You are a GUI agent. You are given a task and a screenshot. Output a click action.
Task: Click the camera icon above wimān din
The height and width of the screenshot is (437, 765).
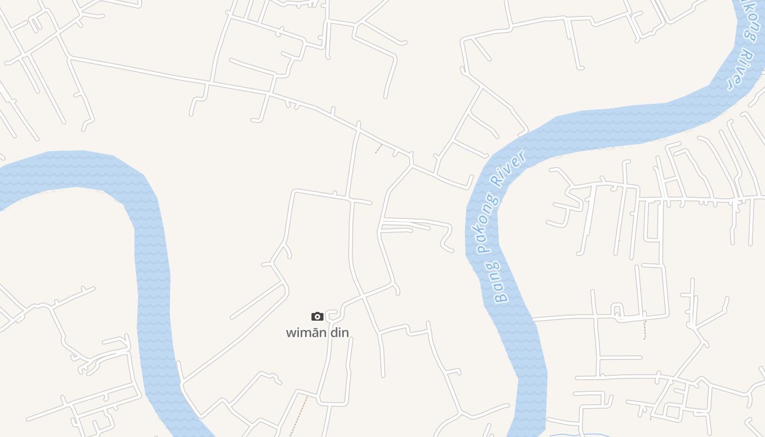pyautogui.click(x=317, y=316)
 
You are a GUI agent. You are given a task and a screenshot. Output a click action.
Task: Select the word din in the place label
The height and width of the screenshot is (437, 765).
pyautogui.click(x=339, y=332)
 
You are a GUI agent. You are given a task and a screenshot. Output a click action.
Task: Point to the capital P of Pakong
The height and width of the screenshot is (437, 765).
pyautogui.click(x=481, y=249)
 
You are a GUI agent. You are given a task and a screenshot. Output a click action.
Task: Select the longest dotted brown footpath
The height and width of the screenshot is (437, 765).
pyautogui.click(x=298, y=416)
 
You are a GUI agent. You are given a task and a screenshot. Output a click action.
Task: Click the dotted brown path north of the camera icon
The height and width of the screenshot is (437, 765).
pyautogui.click(x=379, y=148)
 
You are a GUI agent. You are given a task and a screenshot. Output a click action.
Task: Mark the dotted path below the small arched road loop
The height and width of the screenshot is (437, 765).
pyautogui.click(x=645, y=330)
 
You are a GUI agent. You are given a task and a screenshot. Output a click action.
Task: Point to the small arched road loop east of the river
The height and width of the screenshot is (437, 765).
pyautogui.click(x=617, y=310)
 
